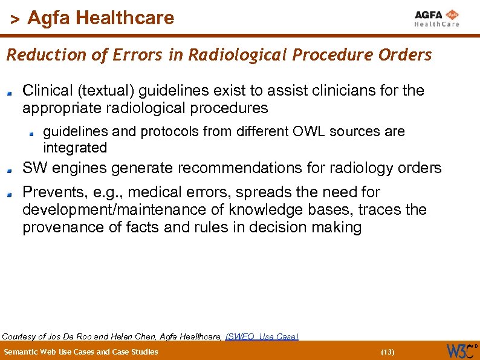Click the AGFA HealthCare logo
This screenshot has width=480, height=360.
pos(436,18)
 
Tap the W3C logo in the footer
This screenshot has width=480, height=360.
pos(461,350)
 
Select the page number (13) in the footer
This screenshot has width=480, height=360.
pos(388,352)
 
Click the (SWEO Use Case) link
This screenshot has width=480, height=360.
pos(262,336)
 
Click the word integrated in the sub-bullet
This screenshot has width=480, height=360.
pos(75,148)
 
